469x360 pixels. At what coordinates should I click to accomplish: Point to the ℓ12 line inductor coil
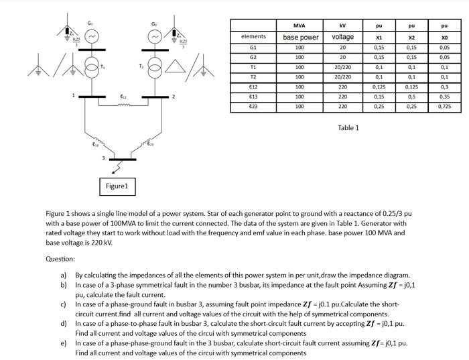click(123, 103)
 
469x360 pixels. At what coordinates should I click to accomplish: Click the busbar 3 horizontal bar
click(123, 159)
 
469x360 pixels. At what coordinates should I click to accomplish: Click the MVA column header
click(299, 25)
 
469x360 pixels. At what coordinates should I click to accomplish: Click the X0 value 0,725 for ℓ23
click(445, 106)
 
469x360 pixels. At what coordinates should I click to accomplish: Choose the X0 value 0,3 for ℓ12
click(445, 86)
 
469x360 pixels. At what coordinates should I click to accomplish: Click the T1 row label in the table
click(253, 67)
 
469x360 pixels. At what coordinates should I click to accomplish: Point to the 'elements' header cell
click(253, 36)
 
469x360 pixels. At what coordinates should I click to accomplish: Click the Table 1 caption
click(348, 127)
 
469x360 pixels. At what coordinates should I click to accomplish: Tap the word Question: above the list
click(60, 259)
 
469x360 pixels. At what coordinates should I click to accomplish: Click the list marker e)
click(64, 343)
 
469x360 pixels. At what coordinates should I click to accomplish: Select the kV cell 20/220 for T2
click(342, 77)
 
